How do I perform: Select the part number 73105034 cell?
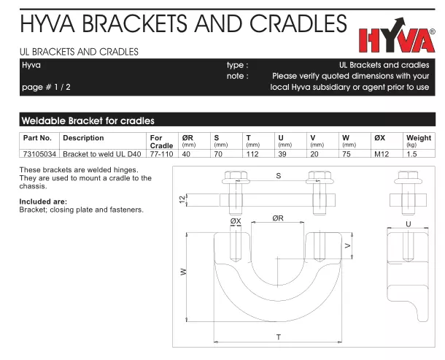[39, 154]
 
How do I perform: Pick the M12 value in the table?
[382, 154]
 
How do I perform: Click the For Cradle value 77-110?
[161, 154]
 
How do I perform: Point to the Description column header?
[83, 138]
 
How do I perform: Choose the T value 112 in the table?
[252, 154]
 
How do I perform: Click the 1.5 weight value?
[411, 154]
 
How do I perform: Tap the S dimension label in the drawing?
[279, 176]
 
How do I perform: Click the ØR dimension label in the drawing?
[278, 218]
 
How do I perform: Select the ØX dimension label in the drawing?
[236, 221]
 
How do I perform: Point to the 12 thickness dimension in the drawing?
[182, 199]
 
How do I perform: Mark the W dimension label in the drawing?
[184, 272]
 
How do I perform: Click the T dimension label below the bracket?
[279, 337]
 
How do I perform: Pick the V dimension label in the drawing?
[348, 245]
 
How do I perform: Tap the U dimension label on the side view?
[408, 224]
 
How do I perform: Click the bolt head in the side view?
[408, 177]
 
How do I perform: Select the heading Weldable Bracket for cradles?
[88, 120]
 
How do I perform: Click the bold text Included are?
[43, 202]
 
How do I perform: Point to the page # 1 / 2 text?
[46, 87]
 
